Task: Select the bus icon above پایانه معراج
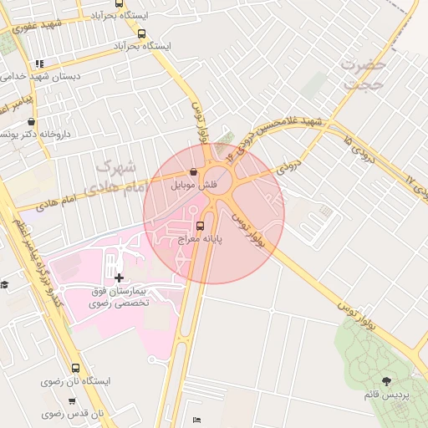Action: tap(199, 226)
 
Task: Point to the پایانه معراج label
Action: tap(199, 239)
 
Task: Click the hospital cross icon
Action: tap(119, 277)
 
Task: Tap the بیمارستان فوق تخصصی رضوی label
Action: tap(119, 296)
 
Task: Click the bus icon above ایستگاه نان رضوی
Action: tap(76, 368)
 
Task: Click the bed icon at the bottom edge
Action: tap(196, 419)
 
